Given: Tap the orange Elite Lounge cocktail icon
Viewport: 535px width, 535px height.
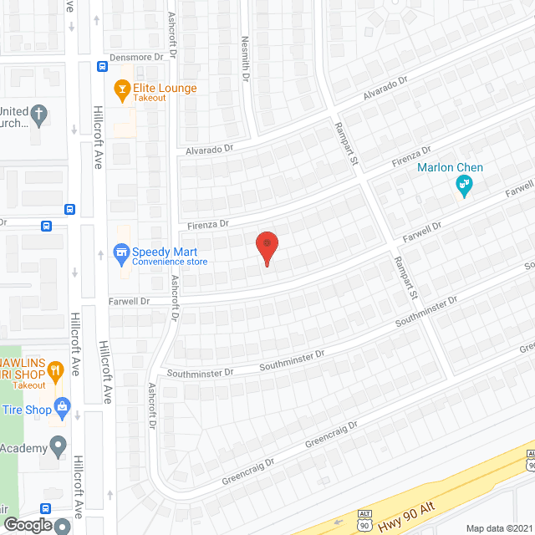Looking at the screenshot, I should [122, 87].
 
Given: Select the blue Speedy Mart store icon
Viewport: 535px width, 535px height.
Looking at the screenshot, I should [121, 252].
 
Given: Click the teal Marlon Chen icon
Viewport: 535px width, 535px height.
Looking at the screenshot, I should [464, 186].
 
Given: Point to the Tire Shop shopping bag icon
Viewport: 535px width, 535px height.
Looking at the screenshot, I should [61, 409].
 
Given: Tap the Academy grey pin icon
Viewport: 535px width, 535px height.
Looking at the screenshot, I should [58, 447].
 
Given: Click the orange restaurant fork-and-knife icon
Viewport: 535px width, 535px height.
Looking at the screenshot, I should [55, 369].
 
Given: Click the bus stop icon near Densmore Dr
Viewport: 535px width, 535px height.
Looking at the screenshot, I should [101, 67].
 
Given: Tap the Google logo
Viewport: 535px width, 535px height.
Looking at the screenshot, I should [27, 525].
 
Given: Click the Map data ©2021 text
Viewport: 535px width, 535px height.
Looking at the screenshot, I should [498, 527].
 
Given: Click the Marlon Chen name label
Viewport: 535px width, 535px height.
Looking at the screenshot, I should [451, 167].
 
